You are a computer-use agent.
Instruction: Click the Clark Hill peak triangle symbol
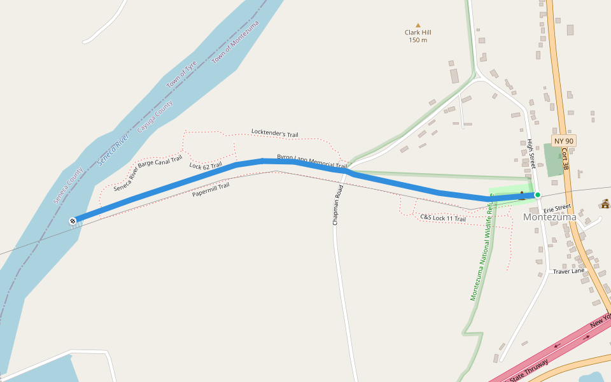coord(418,25)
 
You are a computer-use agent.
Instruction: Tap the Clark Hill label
coord(418,32)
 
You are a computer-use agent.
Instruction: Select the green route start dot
coord(538,195)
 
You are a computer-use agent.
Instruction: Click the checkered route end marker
coord(73,221)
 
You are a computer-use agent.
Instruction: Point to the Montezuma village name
coord(549,217)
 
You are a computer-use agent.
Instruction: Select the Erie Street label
coord(558,208)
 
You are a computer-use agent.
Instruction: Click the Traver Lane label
coord(568,271)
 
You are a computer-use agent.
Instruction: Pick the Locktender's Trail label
coord(274,134)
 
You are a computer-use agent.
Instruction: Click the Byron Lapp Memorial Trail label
coord(312,161)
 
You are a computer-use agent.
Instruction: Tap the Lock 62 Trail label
coord(206,166)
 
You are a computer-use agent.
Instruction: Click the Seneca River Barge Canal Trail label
coord(148,173)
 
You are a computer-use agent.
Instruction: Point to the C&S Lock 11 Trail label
coord(443,218)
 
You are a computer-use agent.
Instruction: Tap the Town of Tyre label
coord(182,75)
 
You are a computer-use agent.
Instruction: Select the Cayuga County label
coord(155,117)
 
